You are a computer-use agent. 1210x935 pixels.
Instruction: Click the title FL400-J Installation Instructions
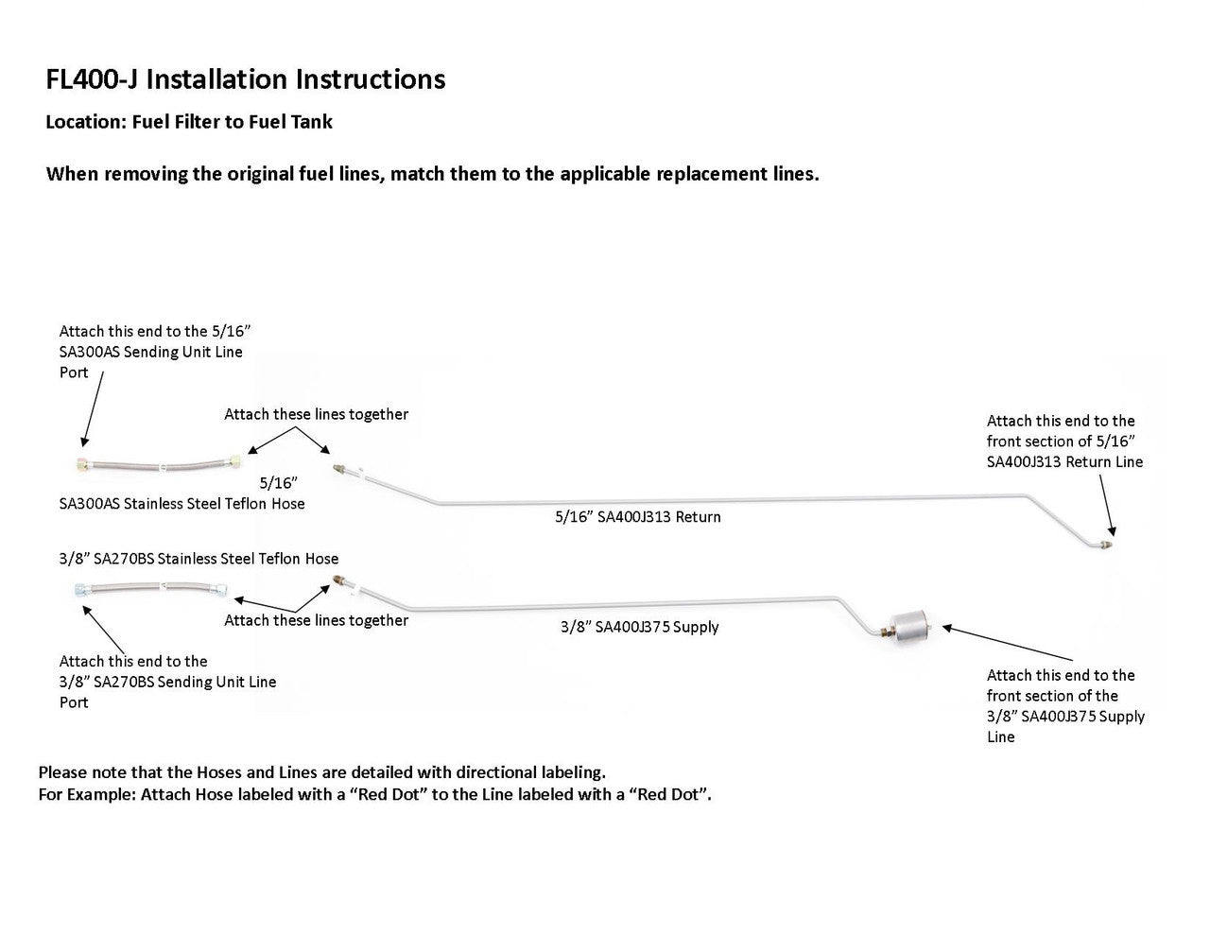[x=246, y=79]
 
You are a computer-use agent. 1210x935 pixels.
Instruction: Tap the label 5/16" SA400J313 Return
[x=638, y=517]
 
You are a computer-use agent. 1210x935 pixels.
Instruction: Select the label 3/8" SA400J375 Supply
[x=640, y=627]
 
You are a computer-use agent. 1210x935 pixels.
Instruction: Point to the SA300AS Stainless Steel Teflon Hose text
[x=182, y=504]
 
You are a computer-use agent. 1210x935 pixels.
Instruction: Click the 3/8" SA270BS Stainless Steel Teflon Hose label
[x=199, y=559]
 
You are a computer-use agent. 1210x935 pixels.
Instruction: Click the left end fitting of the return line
[x=338, y=466]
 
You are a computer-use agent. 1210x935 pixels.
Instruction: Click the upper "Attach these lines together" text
[x=316, y=414]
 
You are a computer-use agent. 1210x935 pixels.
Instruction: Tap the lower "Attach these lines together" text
[x=316, y=620]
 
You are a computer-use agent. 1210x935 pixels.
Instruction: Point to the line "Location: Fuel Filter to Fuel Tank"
[x=189, y=122]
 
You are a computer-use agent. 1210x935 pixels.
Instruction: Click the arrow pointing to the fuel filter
[x=1007, y=643]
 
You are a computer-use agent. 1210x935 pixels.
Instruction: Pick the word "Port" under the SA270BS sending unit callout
[x=74, y=702]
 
